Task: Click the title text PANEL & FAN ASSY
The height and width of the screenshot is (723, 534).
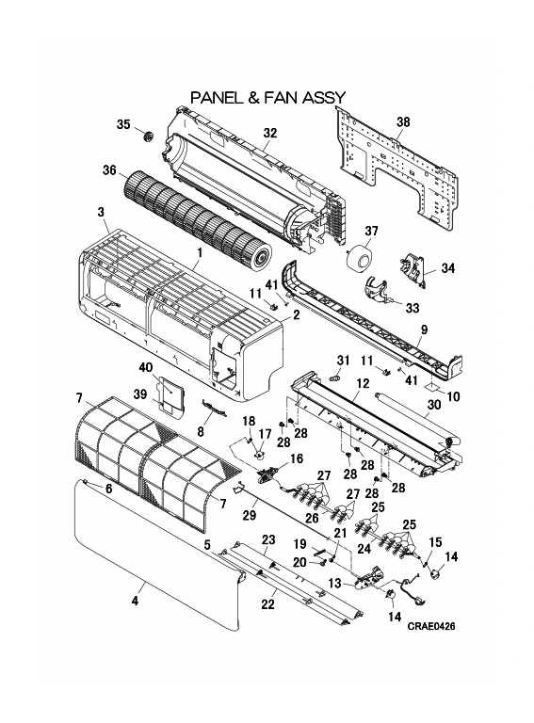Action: pos(267,97)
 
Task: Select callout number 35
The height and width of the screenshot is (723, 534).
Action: pos(123,125)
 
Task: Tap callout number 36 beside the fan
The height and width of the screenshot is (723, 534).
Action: pos(109,170)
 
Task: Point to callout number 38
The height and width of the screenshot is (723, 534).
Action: pos(403,121)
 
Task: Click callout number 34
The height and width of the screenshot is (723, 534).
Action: pos(447,268)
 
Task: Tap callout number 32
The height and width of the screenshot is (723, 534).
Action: pos(269,134)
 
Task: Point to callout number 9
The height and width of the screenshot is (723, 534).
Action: pos(424,329)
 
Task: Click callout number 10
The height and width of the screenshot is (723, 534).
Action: pos(454,397)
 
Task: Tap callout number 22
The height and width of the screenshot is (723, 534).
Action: pos(267,603)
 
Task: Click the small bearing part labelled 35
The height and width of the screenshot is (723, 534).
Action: pos(147,138)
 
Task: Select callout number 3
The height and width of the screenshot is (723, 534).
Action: pos(101,212)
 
